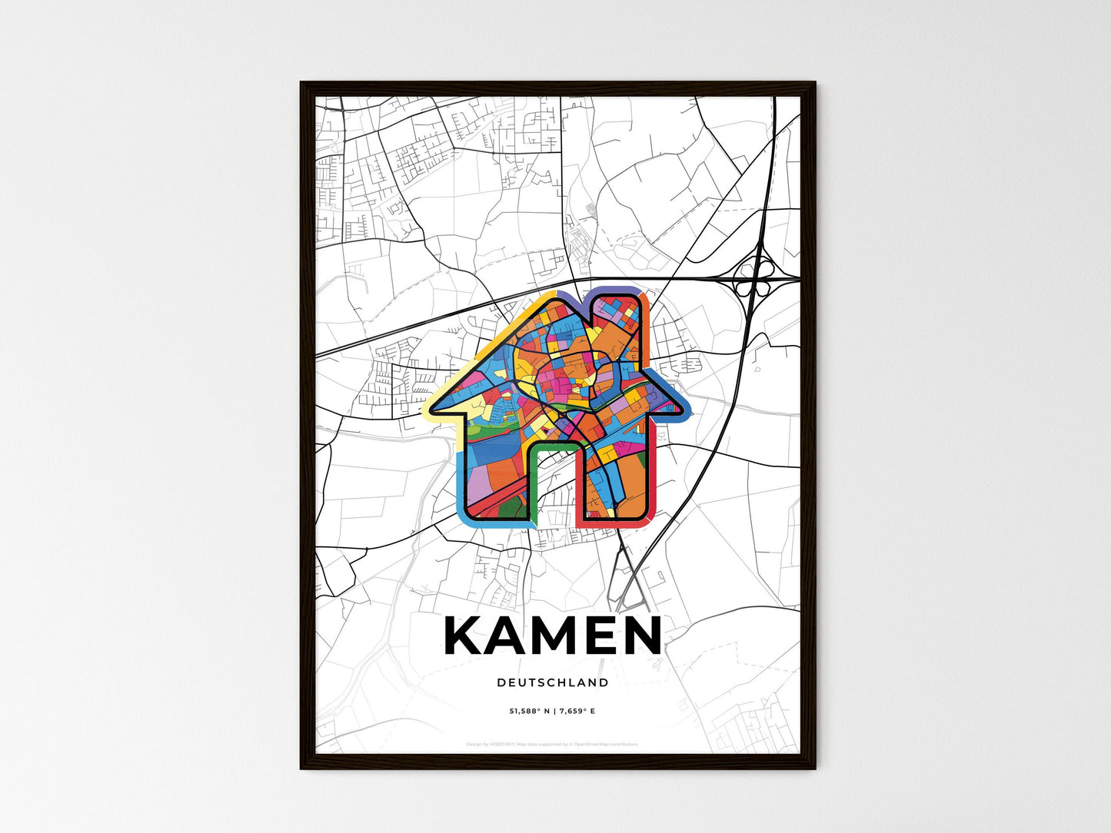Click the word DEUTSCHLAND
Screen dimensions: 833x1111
(x=553, y=682)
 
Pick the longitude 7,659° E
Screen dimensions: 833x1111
(x=575, y=711)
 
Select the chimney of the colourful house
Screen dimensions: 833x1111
(x=616, y=319)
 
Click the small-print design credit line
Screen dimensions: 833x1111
(x=552, y=744)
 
